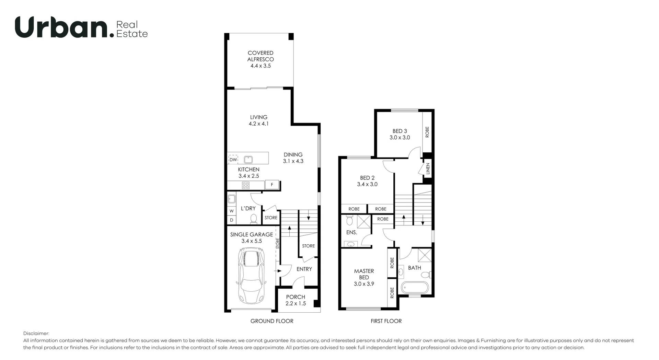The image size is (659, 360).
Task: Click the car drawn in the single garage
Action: tap(251, 276)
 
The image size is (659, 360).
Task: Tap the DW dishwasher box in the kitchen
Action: tap(233, 160)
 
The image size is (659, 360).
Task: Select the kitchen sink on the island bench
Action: tap(248, 160)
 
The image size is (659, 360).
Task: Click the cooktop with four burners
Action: tap(245, 185)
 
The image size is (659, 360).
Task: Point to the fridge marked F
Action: tap(272, 185)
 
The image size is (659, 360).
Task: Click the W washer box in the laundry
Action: tap(232, 211)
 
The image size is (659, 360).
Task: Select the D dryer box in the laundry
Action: tap(232, 220)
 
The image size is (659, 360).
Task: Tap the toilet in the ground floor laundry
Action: tap(254, 219)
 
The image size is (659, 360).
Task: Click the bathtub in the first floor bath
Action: tap(415, 288)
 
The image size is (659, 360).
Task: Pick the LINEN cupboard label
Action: tap(428, 169)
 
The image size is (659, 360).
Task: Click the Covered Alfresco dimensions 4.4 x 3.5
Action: tap(261, 66)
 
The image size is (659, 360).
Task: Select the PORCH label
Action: tap(296, 297)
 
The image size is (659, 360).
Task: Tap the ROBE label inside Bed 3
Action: tap(427, 132)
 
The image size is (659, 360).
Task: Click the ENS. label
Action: tap(352, 232)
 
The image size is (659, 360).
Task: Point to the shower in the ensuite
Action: tap(364, 221)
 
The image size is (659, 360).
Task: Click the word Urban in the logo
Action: tap(62, 27)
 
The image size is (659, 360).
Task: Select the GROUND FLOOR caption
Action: tap(272, 321)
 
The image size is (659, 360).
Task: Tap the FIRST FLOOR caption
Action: tap(386, 321)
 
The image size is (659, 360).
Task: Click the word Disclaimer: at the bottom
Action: tap(36, 333)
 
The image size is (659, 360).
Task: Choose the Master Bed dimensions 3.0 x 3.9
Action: tap(364, 284)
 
